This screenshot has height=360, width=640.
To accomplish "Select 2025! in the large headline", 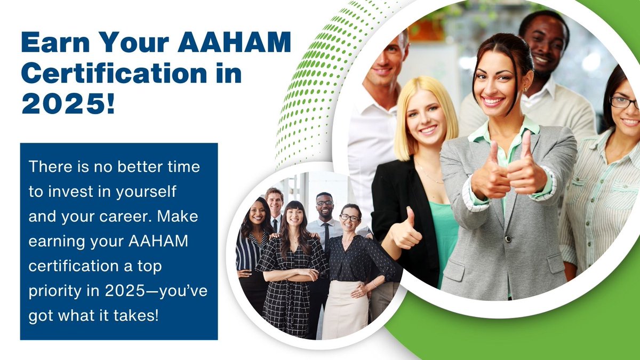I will (68, 105).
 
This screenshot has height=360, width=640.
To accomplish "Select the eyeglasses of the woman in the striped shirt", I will (623, 102).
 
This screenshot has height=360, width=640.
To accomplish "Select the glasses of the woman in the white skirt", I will (349, 218).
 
